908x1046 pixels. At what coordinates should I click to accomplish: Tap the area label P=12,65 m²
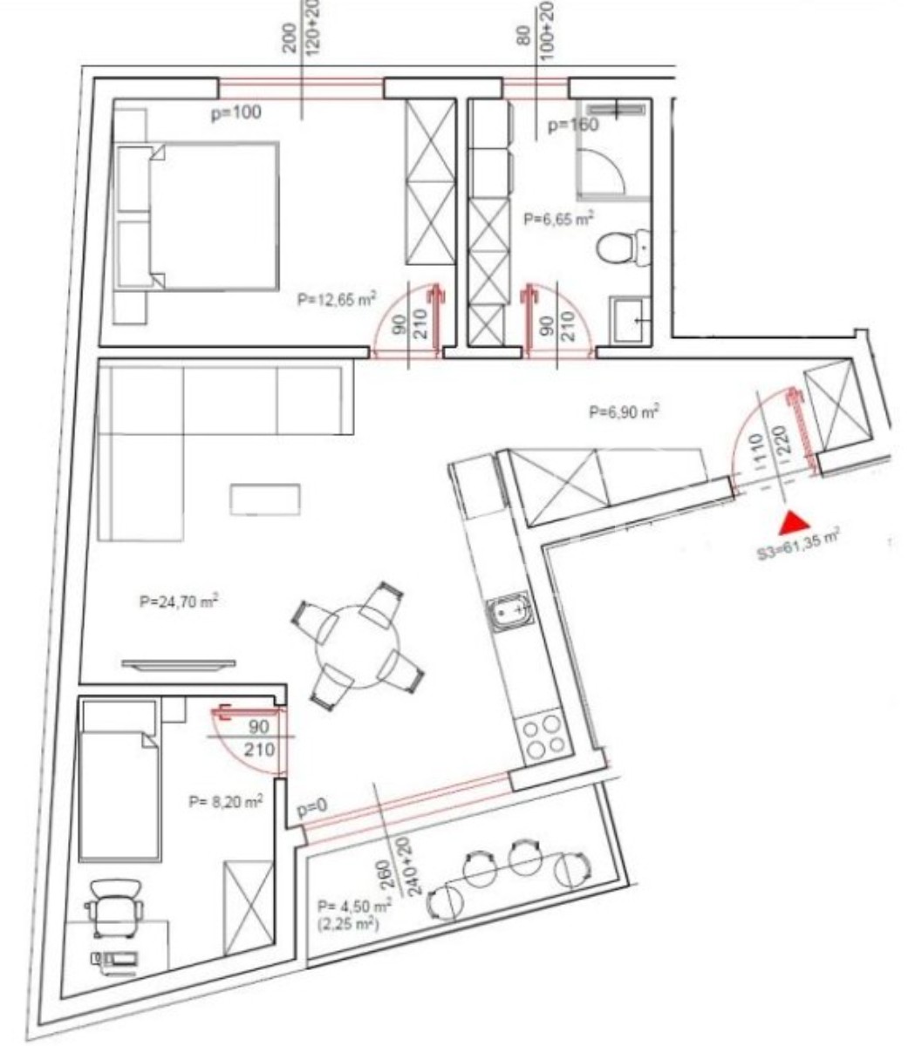coord(337,299)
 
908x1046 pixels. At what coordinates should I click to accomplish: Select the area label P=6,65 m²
coord(558,218)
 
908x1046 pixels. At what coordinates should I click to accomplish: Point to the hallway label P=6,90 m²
coord(624,411)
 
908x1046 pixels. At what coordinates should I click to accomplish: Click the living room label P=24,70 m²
coord(179,601)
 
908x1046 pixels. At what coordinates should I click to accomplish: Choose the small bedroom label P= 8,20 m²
coord(226,800)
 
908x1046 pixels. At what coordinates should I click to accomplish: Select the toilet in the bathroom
coord(624,248)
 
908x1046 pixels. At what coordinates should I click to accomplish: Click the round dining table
coord(357,646)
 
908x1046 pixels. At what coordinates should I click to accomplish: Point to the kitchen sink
coord(509,611)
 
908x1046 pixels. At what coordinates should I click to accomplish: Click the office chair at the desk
coord(114,907)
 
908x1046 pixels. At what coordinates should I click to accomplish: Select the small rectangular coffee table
coord(265,499)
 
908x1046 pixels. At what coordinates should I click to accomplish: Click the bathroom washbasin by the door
coord(631,320)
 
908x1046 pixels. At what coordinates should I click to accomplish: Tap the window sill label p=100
coord(236,112)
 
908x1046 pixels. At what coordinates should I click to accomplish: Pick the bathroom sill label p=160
coord(573,125)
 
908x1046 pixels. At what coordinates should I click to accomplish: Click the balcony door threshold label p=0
coord(311,809)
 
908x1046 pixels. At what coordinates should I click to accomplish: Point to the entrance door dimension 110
coord(761,447)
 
